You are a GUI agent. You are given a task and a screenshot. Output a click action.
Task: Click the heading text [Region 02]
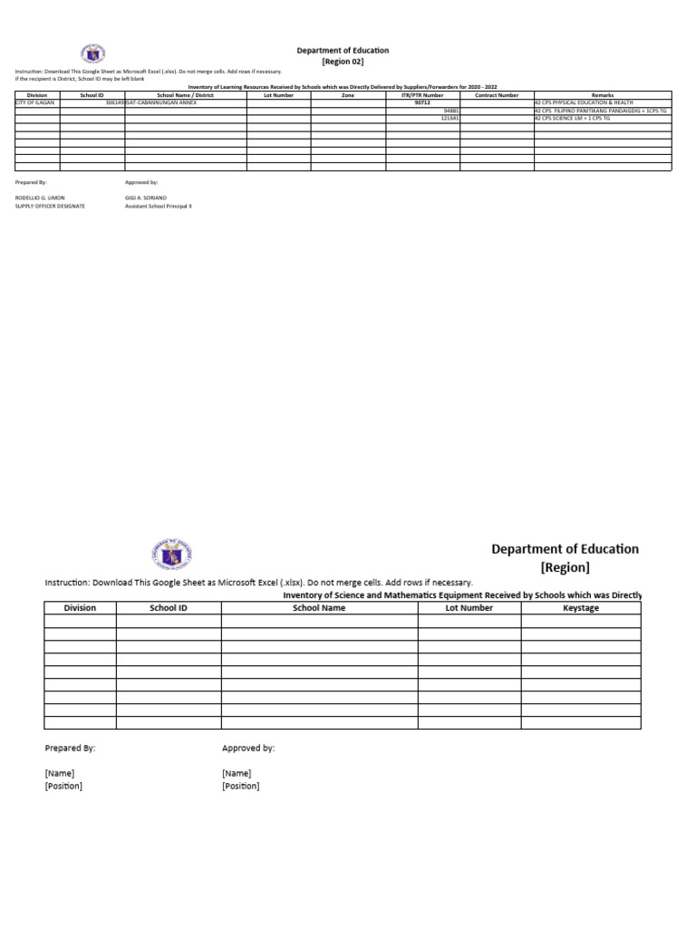click(x=343, y=62)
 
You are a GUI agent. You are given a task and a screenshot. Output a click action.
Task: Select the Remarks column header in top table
click(x=602, y=94)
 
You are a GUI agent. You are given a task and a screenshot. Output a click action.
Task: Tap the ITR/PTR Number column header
click(x=422, y=94)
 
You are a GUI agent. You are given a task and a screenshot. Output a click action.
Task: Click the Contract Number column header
click(x=497, y=94)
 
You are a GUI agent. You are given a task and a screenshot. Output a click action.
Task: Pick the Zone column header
click(x=348, y=94)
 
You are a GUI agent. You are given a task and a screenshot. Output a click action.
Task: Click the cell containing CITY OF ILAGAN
click(x=36, y=103)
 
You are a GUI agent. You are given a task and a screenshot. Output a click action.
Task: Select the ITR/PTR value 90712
click(x=422, y=103)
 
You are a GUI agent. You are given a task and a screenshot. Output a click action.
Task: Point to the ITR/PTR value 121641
click(x=449, y=118)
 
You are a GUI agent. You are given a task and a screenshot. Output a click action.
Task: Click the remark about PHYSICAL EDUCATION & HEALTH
click(x=585, y=103)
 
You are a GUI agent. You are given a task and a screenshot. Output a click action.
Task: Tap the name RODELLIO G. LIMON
click(x=40, y=197)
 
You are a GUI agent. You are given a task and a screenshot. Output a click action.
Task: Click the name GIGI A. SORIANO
click(x=145, y=197)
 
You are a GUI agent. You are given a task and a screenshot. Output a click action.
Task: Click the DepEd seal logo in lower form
click(x=169, y=554)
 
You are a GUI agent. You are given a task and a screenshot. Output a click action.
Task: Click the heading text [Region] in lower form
click(x=565, y=568)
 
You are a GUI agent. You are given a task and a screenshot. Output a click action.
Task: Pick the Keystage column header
click(x=580, y=608)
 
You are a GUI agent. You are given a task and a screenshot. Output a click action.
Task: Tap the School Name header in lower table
click(x=319, y=608)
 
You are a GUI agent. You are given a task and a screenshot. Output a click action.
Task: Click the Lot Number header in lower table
click(x=469, y=608)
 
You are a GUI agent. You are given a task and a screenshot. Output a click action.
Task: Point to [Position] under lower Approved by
click(x=240, y=786)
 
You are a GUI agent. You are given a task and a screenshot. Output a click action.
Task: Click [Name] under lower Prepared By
click(x=60, y=773)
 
